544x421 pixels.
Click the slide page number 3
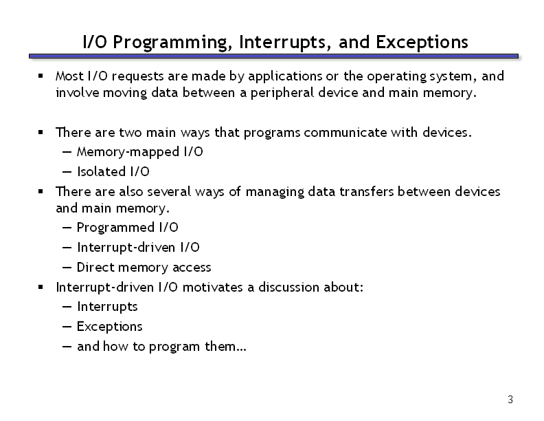pos(510,400)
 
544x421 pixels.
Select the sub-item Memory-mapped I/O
pos(140,152)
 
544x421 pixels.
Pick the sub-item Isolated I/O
pos(113,171)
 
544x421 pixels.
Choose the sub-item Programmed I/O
pos(127,228)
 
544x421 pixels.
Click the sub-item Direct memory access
pos(144,268)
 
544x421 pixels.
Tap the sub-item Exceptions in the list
pos(110,327)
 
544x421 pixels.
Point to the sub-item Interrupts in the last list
pos(107,307)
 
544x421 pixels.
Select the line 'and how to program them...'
pos(161,347)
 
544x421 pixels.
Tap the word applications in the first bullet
pos(285,76)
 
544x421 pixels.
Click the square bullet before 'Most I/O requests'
pos(41,76)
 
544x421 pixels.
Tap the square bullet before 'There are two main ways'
pos(41,132)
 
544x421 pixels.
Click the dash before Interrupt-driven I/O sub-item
pos(67,248)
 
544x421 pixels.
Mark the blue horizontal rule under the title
pos(273,56)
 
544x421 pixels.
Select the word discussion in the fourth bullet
pos(289,288)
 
